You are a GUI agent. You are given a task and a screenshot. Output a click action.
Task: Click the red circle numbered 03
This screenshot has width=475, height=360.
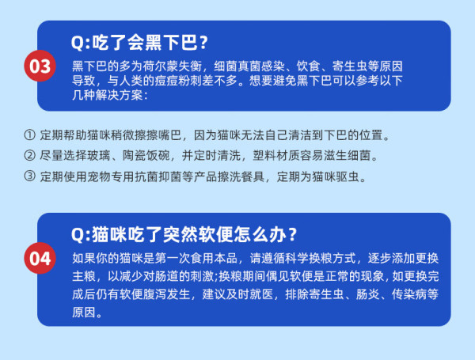(x=40, y=66)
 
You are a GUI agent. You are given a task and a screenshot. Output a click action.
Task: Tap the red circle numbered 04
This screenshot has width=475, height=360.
(x=40, y=258)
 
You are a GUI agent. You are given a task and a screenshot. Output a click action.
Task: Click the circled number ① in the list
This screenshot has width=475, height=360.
(x=30, y=135)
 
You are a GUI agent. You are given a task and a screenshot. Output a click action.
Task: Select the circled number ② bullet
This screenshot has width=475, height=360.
(x=30, y=156)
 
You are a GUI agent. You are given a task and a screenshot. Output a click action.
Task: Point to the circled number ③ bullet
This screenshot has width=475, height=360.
(x=30, y=176)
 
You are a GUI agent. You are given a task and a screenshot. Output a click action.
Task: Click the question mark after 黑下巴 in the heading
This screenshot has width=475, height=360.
(x=204, y=43)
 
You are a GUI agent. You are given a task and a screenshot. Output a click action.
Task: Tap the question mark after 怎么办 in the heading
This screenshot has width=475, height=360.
(x=292, y=235)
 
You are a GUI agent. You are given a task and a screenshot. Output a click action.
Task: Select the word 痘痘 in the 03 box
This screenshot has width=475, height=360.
(x=166, y=81)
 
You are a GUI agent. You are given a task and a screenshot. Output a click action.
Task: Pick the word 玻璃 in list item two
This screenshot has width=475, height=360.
(x=99, y=156)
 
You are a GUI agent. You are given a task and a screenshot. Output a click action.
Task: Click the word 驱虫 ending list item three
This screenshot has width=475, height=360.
(x=348, y=176)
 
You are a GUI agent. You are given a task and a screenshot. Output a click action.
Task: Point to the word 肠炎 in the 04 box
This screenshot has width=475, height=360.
(x=367, y=294)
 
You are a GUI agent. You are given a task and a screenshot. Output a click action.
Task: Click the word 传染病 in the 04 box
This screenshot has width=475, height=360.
(x=409, y=294)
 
